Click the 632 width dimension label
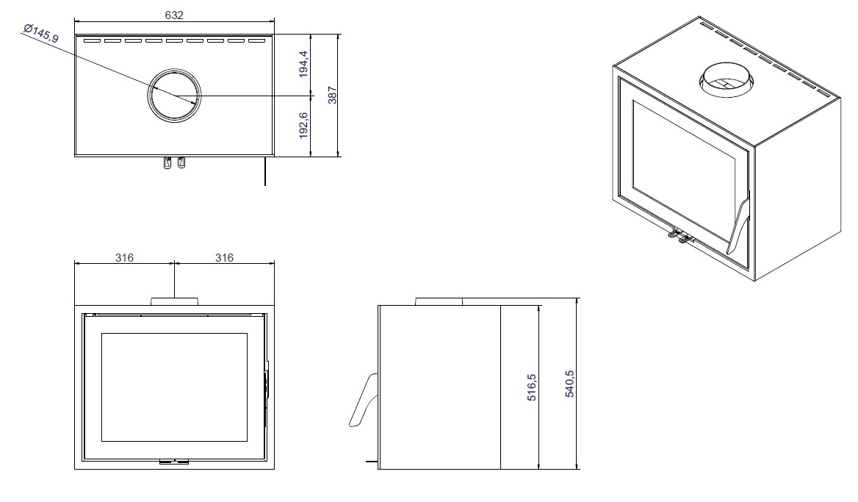coord(174,15)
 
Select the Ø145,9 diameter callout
coord(41,34)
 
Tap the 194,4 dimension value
coord(303,64)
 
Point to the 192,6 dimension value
coord(303,126)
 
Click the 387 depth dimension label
coord(332,95)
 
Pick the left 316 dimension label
coord(124,257)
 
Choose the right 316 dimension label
coord(224,257)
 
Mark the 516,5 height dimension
coord(532,387)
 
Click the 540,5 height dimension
coord(569,383)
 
